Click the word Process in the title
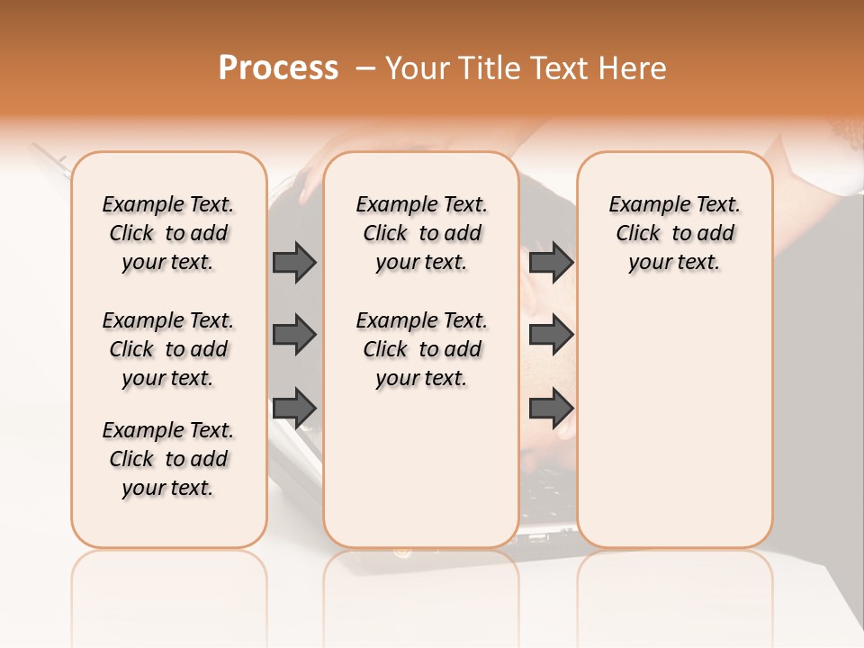(x=278, y=68)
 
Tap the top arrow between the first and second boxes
(x=294, y=262)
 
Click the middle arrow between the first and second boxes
(x=294, y=335)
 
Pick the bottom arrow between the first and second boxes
(x=294, y=408)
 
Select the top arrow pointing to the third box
(x=551, y=262)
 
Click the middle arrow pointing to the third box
(x=551, y=335)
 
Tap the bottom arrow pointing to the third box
(x=551, y=408)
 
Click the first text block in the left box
(x=168, y=233)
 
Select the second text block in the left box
(x=168, y=349)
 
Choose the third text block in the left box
(x=168, y=459)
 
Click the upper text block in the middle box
(x=421, y=233)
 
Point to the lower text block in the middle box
(x=421, y=349)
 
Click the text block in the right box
(x=674, y=233)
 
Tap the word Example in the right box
(x=642, y=205)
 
